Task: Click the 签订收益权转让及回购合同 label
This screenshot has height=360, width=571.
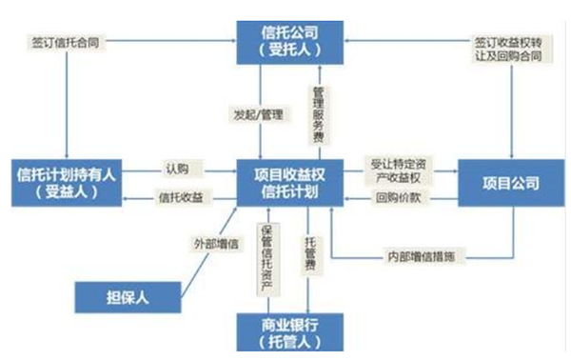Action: (509, 50)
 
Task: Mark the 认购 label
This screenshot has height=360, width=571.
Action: (176, 169)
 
